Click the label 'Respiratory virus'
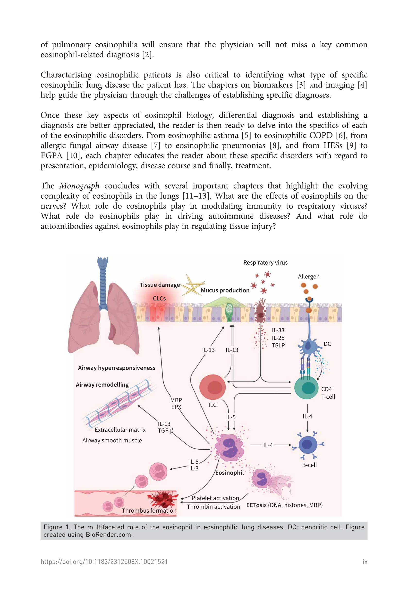click(265, 262)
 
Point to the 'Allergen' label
click(309, 276)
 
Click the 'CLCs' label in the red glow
click(159, 298)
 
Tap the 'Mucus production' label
click(225, 290)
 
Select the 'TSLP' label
click(278, 345)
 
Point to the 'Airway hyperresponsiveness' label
click(117, 368)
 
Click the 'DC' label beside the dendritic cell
click(327, 344)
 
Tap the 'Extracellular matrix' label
click(120, 430)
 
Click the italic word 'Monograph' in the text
click(79, 186)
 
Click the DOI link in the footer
click(104, 562)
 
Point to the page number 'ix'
click(365, 562)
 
